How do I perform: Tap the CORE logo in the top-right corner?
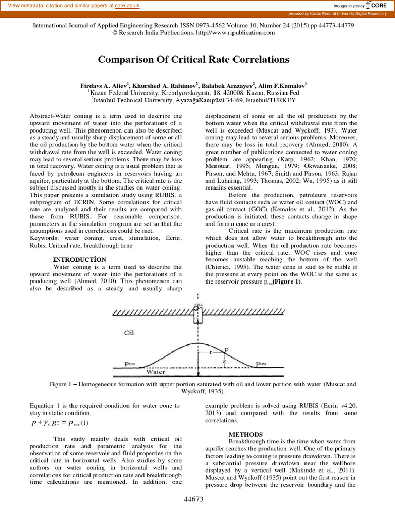coord(376,5)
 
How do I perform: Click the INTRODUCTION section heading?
coord(80,259)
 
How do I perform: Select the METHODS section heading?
coord(246,434)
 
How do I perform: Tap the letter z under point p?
coord(224,361)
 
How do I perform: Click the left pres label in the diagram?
coord(131,363)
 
